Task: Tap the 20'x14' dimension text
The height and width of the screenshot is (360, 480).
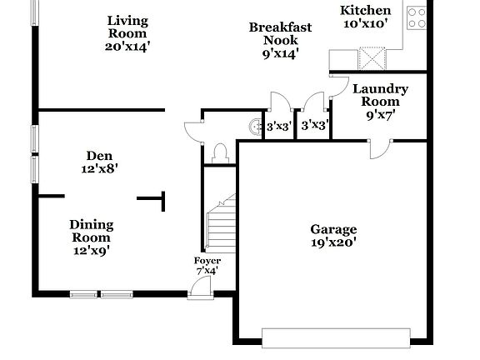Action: click(x=126, y=46)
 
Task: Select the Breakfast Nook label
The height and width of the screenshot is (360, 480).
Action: click(x=280, y=33)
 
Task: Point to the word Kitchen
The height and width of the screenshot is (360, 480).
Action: click(x=366, y=10)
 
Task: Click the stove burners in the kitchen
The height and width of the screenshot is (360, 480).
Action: click(x=417, y=17)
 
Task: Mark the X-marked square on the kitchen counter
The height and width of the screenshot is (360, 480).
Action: click(x=372, y=58)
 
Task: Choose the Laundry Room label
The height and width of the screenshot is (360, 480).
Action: click(x=379, y=95)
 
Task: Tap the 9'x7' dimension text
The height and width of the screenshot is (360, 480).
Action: click(x=379, y=115)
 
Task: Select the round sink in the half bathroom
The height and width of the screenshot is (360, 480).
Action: click(x=254, y=127)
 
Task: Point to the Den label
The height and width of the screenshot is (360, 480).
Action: click(x=99, y=155)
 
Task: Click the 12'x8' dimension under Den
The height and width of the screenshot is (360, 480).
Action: click(x=99, y=167)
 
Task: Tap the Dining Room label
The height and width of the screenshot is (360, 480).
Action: click(x=91, y=231)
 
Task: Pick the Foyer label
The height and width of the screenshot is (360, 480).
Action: click(x=207, y=260)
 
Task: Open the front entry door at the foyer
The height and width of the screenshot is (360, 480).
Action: click(x=198, y=287)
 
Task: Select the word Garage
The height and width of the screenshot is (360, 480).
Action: click(x=333, y=229)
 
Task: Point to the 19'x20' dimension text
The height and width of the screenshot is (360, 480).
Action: click(x=333, y=242)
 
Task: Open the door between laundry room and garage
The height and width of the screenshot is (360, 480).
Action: click(x=380, y=147)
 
